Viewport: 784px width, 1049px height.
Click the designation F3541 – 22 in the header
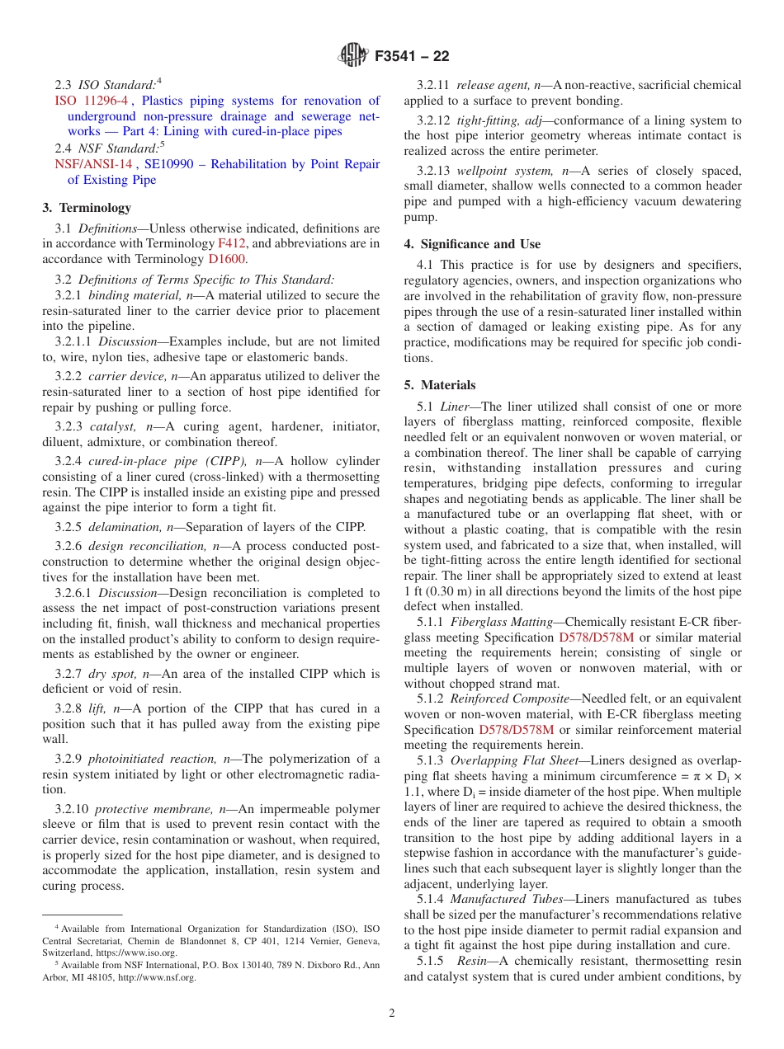412,56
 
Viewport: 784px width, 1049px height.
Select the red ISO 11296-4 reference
92,101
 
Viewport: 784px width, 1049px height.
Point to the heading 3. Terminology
87,208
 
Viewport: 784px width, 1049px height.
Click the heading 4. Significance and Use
473,244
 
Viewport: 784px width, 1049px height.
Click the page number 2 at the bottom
392,1014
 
